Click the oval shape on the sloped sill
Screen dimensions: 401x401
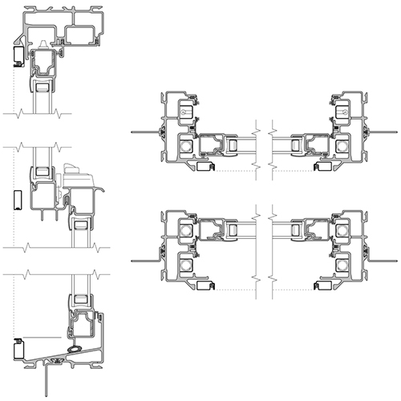pos(75,349)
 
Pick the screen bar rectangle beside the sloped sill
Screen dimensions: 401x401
pos(18,349)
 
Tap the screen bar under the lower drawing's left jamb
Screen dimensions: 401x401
pos(206,285)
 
